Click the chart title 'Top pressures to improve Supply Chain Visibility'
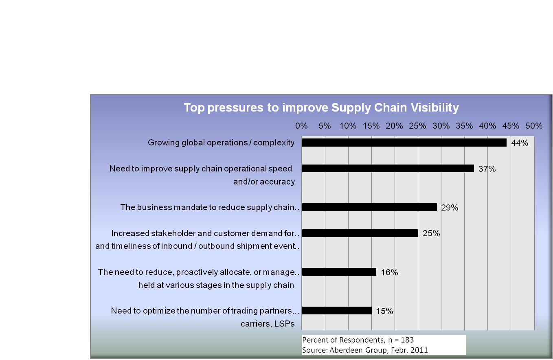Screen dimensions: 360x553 (321, 108)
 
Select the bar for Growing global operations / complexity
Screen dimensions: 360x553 (404, 143)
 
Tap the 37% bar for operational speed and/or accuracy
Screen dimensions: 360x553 (388, 169)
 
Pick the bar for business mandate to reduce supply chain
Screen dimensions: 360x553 (369, 207)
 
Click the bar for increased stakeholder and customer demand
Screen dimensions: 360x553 (360, 233)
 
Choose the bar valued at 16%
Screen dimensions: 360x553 (339, 272)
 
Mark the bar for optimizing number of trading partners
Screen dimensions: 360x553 (337, 311)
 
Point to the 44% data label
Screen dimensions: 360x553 (520, 143)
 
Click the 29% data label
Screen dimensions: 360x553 (450, 208)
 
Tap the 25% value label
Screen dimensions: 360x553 (431, 234)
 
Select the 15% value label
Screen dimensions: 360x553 (384, 311)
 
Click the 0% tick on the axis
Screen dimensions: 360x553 (301, 126)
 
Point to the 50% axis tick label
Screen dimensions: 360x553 (534, 126)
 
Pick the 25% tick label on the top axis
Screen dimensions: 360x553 (418, 126)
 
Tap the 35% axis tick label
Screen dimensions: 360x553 (464, 126)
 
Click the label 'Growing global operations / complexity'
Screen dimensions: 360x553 (221, 143)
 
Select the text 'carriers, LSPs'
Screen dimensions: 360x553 (267, 324)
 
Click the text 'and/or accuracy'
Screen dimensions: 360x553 (264, 182)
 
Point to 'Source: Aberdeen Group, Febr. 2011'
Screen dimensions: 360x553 (365, 350)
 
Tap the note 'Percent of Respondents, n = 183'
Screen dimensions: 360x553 (358, 340)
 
